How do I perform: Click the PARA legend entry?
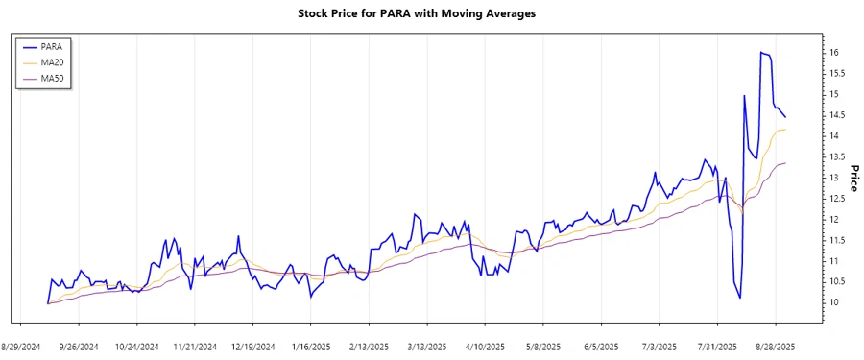(x=53, y=46)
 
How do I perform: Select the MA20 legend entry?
(x=54, y=62)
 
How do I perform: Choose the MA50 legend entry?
(x=54, y=79)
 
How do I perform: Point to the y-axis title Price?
(x=853, y=177)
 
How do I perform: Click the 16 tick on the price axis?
(x=835, y=52)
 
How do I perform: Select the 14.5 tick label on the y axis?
(x=838, y=114)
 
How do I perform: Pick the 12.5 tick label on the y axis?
(x=838, y=198)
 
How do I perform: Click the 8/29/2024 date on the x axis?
(x=20, y=346)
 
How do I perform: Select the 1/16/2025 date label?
(x=312, y=346)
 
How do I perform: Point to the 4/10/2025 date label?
(x=484, y=346)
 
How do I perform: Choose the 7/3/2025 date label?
(x=659, y=346)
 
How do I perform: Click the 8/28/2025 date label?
(x=775, y=346)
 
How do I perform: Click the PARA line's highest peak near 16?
(x=761, y=53)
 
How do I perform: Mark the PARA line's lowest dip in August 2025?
(x=739, y=298)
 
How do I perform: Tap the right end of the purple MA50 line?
(x=786, y=163)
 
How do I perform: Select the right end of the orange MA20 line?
(x=786, y=130)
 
